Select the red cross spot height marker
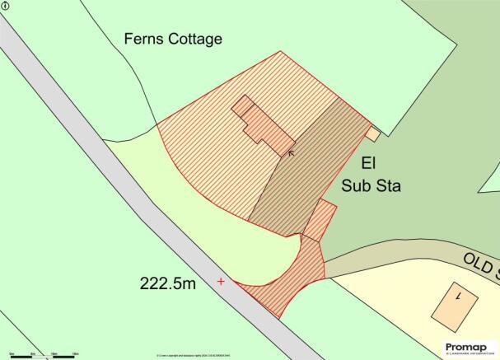[221, 282]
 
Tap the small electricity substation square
[373, 133]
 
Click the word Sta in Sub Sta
[387, 186]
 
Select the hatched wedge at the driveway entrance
[280, 280]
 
